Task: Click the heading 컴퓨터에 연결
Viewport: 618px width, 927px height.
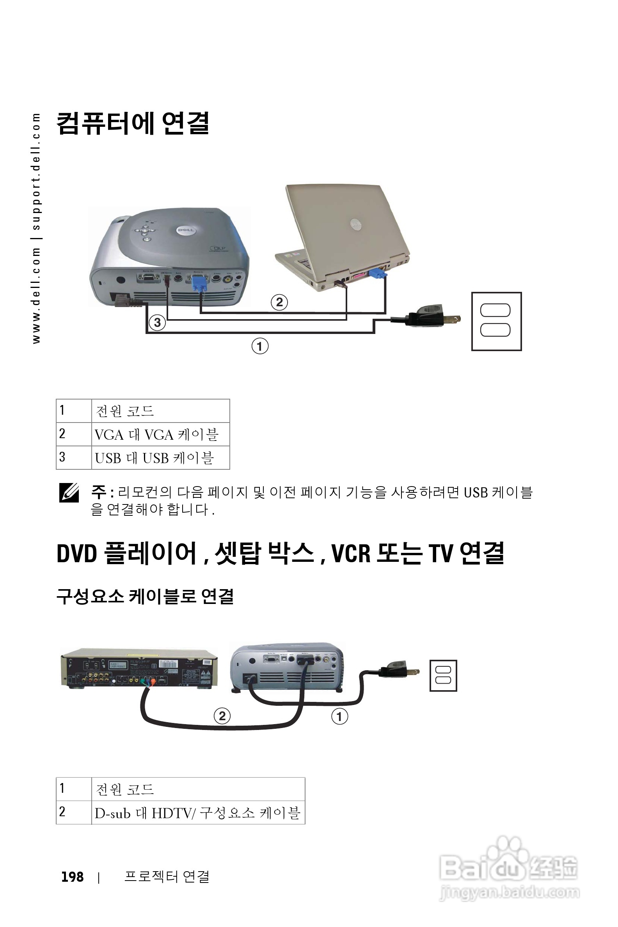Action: (133, 123)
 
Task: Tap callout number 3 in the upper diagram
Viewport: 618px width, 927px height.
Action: (157, 322)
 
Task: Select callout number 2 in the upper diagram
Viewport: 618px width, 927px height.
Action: (279, 302)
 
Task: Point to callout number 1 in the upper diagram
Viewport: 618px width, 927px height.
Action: (260, 346)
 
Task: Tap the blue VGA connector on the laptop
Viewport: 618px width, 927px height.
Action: (378, 272)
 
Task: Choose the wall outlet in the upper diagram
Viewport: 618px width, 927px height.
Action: (496, 321)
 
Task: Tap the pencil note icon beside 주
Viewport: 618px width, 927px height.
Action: (69, 493)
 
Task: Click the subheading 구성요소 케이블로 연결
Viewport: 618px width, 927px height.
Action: (145, 596)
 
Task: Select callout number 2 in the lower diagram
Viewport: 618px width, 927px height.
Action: (222, 716)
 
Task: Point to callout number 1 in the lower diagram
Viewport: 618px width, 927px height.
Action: (339, 716)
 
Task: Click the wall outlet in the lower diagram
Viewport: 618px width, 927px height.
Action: (443, 675)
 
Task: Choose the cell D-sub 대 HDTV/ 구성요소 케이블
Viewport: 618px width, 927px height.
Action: (198, 813)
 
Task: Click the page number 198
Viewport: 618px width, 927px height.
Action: (73, 877)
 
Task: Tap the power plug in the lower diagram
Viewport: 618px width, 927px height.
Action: (396, 669)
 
